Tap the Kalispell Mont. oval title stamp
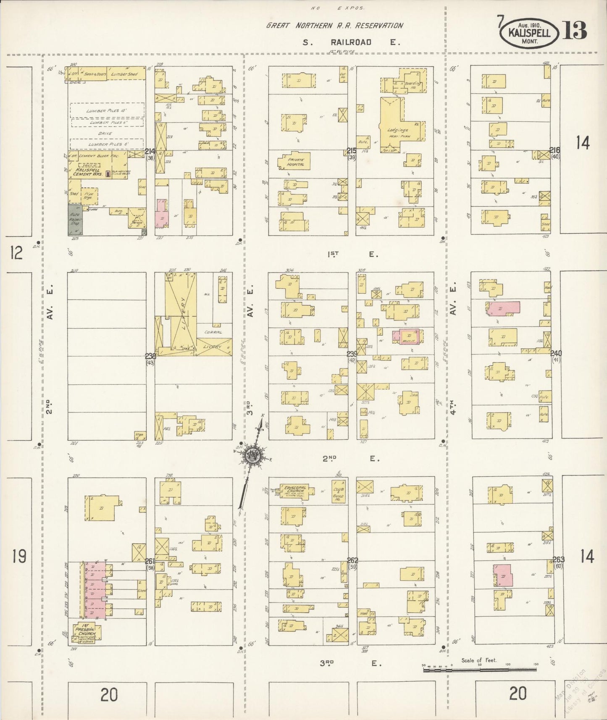tap(529, 32)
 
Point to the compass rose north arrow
tap(253, 455)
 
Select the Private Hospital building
tap(294, 162)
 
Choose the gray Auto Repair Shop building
tap(75, 220)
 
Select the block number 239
tap(352, 354)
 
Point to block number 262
tap(352, 560)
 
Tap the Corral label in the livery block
tap(213, 332)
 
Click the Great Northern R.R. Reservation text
tap(334, 26)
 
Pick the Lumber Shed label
tap(124, 74)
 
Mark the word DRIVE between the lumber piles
tap(105, 133)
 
